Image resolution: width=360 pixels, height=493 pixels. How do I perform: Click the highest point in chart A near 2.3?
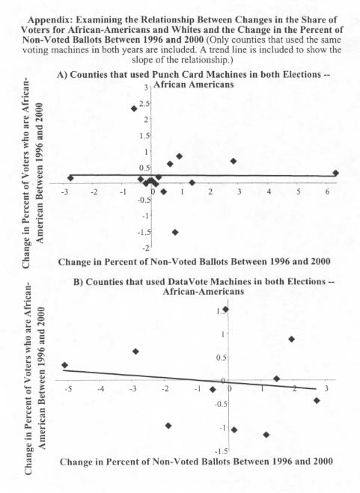(134, 108)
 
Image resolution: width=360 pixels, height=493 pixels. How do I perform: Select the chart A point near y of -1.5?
(175, 233)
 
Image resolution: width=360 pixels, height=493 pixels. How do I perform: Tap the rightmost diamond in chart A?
(336, 174)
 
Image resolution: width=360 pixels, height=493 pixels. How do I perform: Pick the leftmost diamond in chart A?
(70, 178)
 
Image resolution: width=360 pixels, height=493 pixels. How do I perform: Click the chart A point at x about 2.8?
(234, 161)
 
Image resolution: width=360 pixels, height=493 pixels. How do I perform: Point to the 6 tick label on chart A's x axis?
(327, 192)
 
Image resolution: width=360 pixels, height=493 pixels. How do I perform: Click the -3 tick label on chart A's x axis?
(64, 192)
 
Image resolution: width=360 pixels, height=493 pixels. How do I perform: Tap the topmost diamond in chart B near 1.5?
(225, 310)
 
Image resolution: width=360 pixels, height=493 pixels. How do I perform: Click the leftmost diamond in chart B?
(65, 365)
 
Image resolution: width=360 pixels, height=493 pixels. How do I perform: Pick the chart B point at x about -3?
(135, 352)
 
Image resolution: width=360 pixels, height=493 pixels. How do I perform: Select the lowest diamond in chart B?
(266, 435)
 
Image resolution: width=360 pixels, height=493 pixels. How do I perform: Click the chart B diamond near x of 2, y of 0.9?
(291, 339)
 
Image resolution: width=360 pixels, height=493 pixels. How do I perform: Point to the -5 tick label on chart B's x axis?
(68, 389)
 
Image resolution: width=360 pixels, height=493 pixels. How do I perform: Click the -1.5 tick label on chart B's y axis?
(221, 452)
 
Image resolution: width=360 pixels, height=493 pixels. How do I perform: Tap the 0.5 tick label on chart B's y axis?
(222, 358)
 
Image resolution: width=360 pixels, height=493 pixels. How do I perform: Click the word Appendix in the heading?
(50, 19)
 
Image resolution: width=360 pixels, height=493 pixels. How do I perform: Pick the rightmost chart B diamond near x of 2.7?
(317, 400)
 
